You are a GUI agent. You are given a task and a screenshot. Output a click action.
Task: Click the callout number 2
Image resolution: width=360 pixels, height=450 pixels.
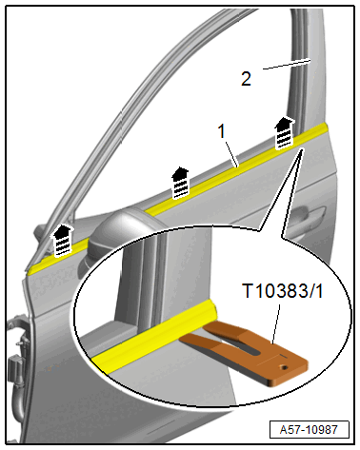click(x=246, y=79)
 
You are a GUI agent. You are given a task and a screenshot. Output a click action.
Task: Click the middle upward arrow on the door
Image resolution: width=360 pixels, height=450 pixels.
click(x=178, y=177)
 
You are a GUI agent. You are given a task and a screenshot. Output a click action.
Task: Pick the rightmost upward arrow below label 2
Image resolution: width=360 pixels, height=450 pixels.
click(x=283, y=133)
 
